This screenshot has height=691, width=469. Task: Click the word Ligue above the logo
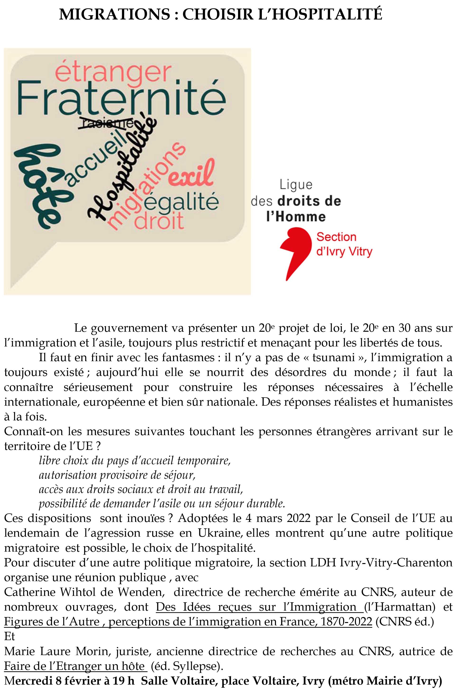tap(296, 185)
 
